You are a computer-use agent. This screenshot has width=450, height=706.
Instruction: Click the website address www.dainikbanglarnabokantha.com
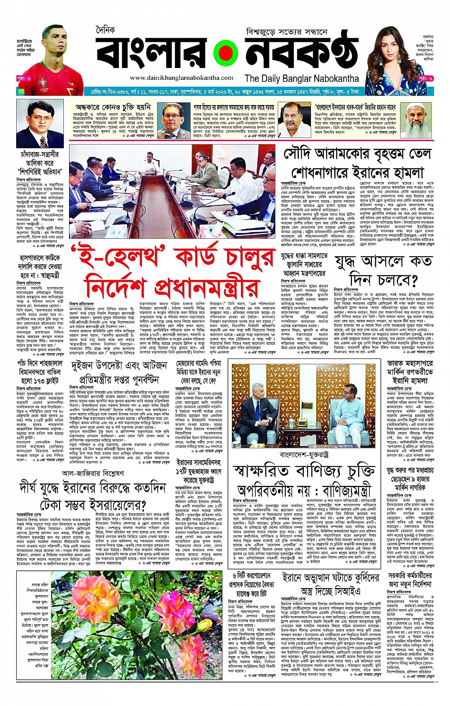(181, 77)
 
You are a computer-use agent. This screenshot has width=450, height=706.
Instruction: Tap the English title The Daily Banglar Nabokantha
(301, 78)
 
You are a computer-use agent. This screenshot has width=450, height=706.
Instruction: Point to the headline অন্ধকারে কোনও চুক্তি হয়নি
(112, 107)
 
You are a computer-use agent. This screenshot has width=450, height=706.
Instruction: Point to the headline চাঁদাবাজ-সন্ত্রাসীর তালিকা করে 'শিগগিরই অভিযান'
(40, 163)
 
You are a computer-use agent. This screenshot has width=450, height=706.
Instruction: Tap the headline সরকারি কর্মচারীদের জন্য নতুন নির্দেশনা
(410, 580)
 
